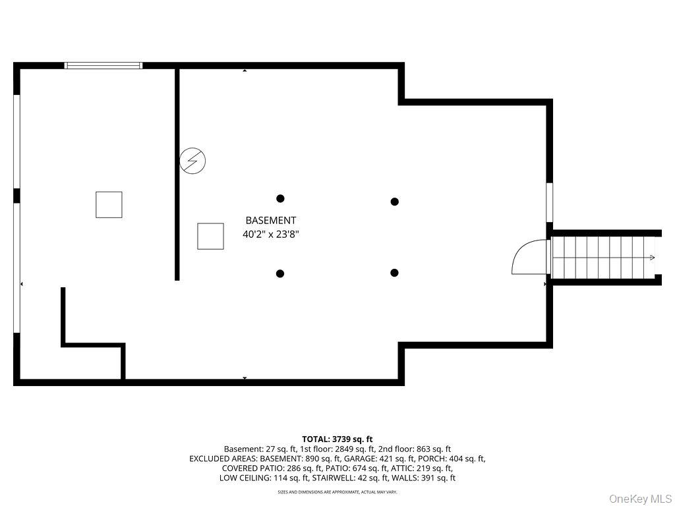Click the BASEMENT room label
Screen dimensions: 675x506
[271, 220]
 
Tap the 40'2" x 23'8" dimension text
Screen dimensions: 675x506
[271, 235]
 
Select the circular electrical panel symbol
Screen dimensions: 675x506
[192, 161]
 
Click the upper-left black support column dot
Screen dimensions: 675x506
[280, 198]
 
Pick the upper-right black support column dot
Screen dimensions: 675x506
[394, 202]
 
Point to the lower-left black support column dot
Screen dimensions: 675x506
[279, 273]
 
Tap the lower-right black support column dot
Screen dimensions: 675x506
[394, 272]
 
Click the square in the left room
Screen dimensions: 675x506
[109, 205]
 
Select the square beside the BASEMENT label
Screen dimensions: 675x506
[210, 237]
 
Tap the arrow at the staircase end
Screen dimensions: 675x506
[652, 258]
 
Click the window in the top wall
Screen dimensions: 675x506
[103, 65]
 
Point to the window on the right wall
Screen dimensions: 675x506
[550, 203]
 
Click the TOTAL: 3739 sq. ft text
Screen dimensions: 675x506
[337, 439]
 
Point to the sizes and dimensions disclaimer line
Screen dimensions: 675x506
[337, 492]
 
